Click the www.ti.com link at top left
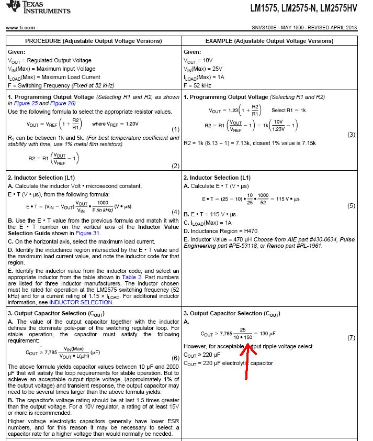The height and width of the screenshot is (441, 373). (20, 27)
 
